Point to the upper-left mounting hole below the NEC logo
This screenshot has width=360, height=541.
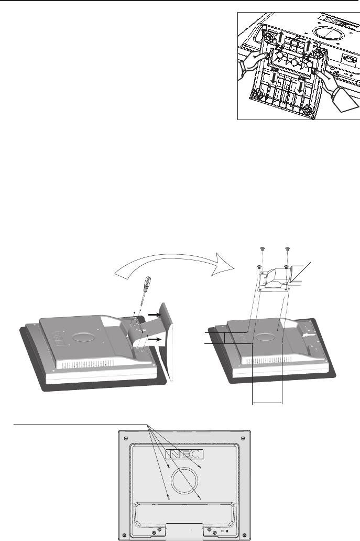pyautogui.click(x=168, y=466)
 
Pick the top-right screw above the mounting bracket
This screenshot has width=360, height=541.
pyautogui.click(x=288, y=247)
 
